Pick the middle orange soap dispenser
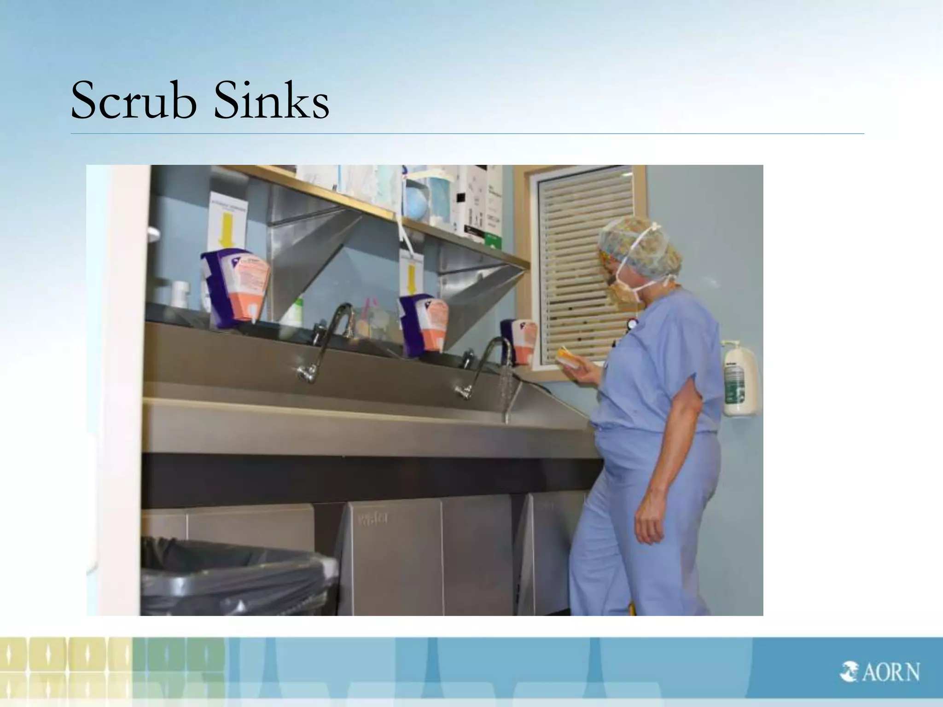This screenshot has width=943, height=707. pyautogui.click(x=423, y=325)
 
